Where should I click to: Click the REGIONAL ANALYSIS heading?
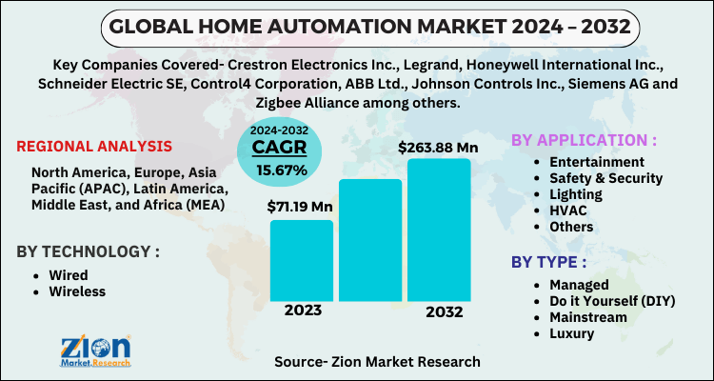(x=94, y=147)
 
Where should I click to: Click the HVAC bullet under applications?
(x=569, y=211)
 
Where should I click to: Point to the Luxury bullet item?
(x=572, y=333)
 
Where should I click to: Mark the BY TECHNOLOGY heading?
(x=88, y=251)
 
